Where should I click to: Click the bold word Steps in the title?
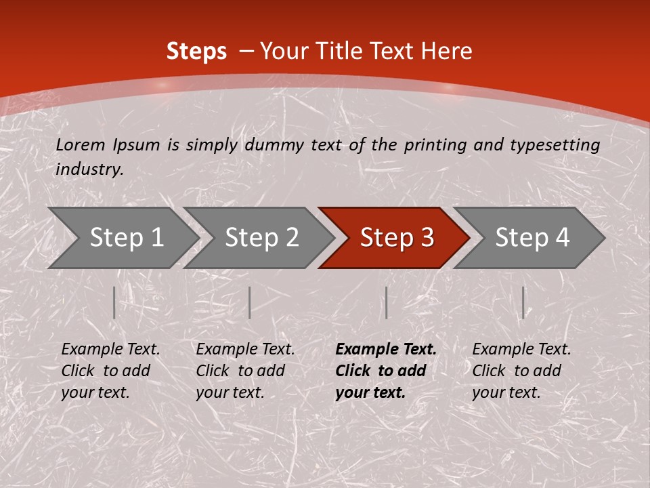(196, 52)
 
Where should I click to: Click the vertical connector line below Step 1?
(114, 302)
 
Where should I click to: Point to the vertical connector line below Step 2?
(250, 302)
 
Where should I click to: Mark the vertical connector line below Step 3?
(386, 302)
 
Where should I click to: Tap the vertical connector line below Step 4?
(523, 302)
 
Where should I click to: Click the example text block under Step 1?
(110, 371)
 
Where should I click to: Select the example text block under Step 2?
(245, 371)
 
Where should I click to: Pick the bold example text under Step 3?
(386, 371)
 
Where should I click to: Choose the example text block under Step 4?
(521, 371)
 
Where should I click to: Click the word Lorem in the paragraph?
(81, 144)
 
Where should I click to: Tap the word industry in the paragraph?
(89, 169)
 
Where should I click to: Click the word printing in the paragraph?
(435, 144)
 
